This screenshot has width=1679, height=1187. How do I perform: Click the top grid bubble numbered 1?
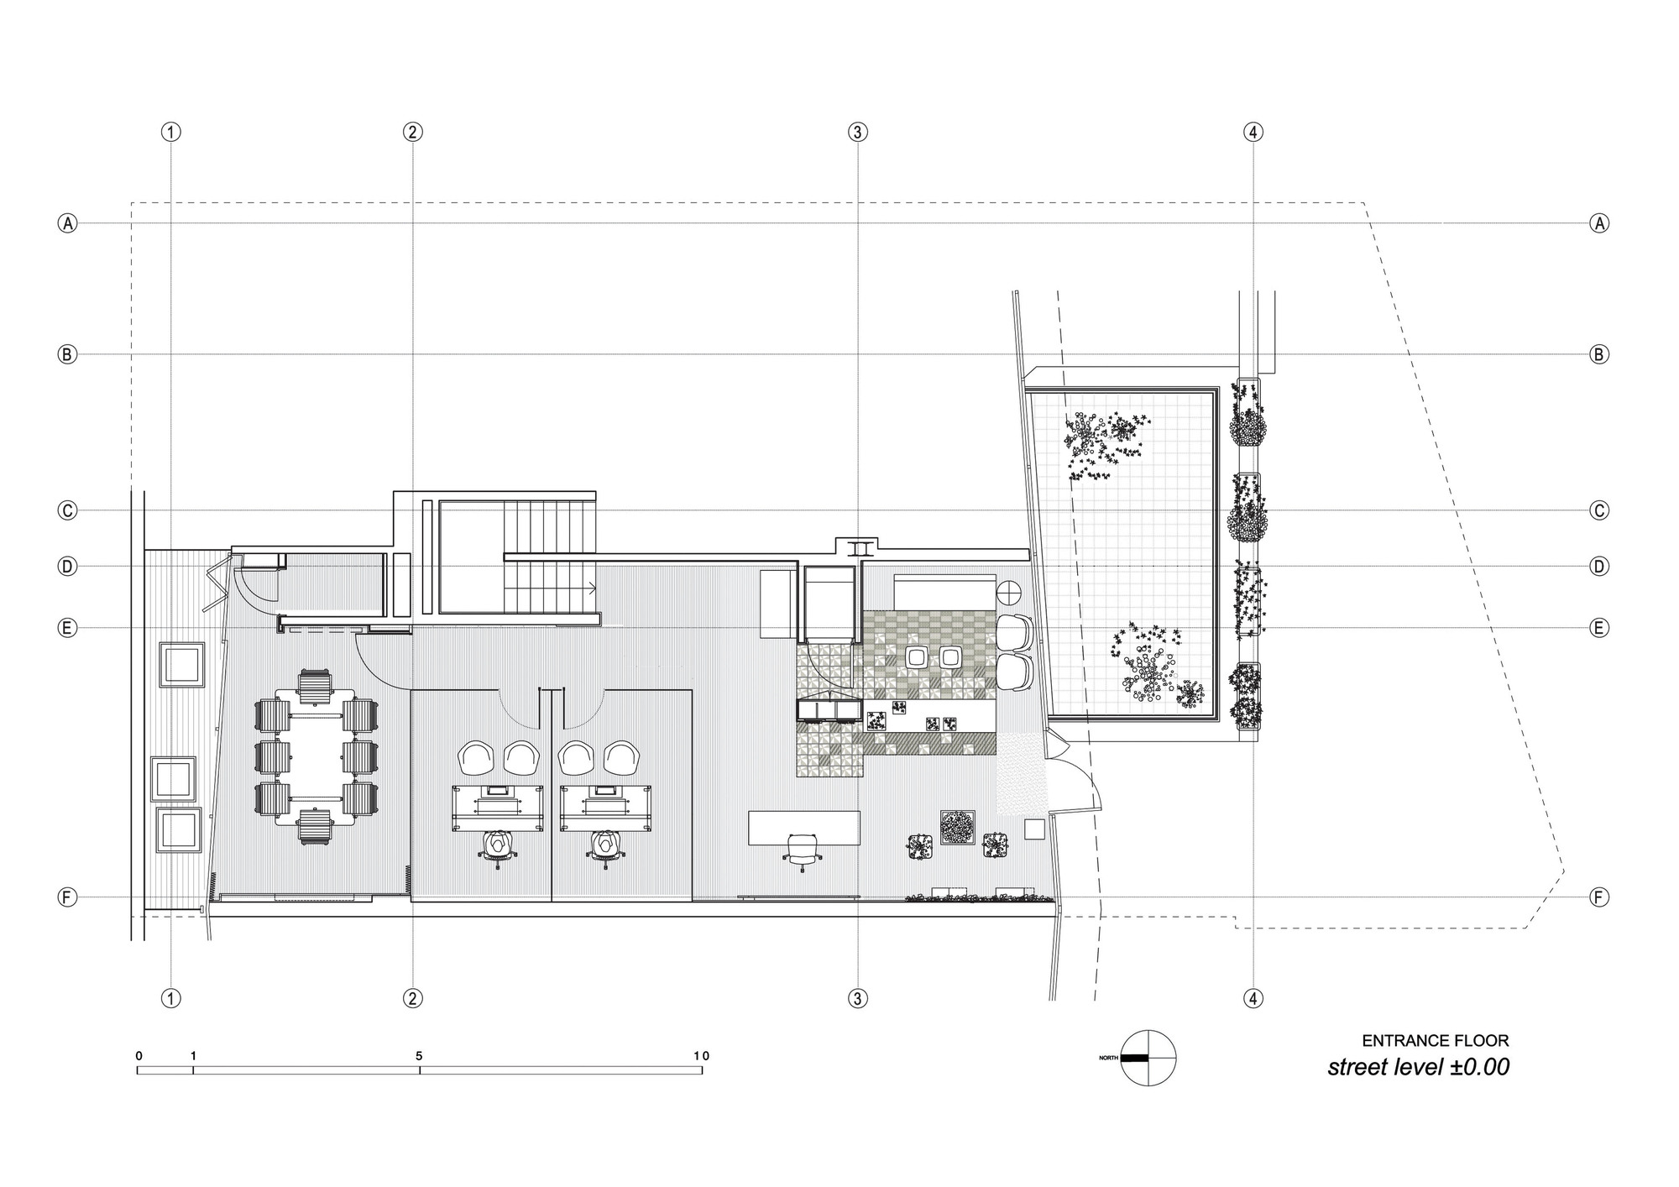click(x=171, y=132)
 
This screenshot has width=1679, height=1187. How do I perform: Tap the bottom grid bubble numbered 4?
click(x=1253, y=998)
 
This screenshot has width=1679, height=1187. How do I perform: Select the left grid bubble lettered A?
click(x=67, y=223)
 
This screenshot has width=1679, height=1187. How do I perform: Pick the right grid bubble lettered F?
click(x=1599, y=897)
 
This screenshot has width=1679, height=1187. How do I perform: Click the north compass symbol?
click(x=1148, y=1058)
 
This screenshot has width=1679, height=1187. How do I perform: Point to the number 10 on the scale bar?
click(x=701, y=1056)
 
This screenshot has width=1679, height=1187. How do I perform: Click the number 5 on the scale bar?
click(x=419, y=1056)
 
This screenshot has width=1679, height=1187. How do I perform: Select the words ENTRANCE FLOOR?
click(x=1435, y=1041)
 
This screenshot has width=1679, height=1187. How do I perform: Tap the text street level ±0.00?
click(x=1418, y=1067)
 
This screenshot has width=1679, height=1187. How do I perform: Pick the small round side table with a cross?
click(x=1007, y=592)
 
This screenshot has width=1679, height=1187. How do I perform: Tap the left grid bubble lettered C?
click(x=67, y=510)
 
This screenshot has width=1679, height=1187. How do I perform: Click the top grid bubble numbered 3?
click(x=857, y=132)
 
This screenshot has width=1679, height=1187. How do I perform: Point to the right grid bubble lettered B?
click(x=1599, y=354)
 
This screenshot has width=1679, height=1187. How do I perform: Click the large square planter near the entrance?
click(x=957, y=827)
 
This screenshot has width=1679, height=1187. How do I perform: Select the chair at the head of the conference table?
click(x=315, y=686)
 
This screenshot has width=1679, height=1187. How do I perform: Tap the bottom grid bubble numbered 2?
click(x=412, y=998)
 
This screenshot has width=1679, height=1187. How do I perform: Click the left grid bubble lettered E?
click(x=67, y=628)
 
